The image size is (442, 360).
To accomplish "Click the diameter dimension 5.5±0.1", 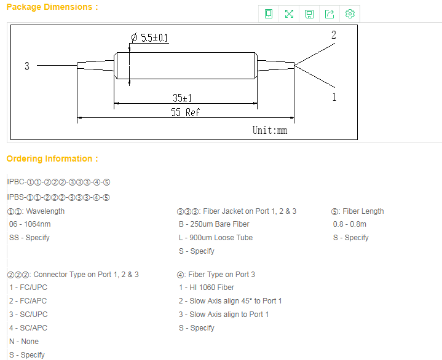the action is coord(149,37).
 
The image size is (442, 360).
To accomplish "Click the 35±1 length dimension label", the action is coord(182,98).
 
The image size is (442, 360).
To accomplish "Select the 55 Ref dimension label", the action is coord(185,112).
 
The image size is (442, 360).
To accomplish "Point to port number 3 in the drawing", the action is coord(27,66).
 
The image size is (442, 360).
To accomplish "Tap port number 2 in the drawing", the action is coord(334,35).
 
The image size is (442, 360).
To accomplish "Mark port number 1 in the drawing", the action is coord(334,97).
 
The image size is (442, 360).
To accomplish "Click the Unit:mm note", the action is coord(270,130).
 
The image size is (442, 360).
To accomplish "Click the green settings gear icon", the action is coord(350,14).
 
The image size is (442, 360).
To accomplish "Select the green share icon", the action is coord(330,14).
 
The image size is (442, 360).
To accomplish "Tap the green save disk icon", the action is coord(309,14).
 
